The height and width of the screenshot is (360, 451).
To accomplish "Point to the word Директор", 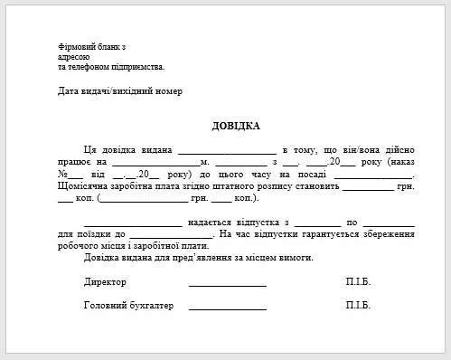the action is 105,282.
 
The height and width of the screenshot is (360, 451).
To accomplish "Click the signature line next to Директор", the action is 227,285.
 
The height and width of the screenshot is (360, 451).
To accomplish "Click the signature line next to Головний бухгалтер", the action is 227,308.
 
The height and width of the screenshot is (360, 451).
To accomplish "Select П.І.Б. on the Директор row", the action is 358,282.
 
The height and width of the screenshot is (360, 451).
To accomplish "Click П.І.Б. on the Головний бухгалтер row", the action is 358,306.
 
